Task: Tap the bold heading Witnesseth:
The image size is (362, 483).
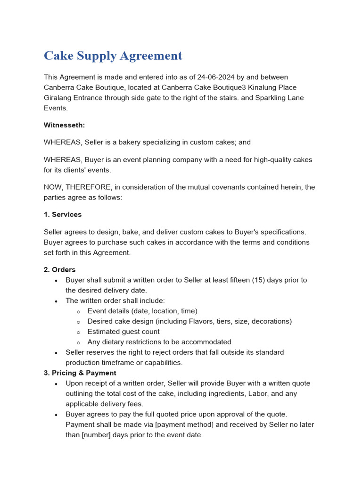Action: click(x=65, y=125)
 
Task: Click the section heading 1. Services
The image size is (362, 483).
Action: click(x=63, y=215)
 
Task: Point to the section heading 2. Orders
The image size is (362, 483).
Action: click(x=59, y=270)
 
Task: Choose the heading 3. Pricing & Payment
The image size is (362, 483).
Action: click(x=80, y=373)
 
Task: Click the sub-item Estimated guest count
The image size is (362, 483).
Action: click(x=123, y=332)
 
